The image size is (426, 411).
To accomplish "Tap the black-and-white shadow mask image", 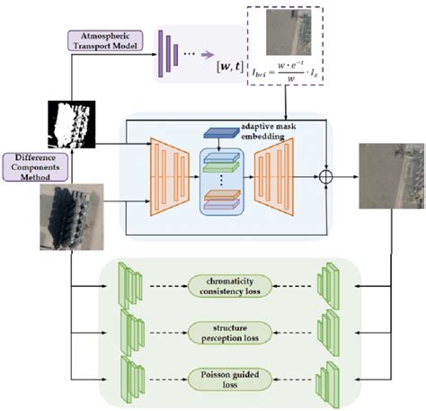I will (67, 126).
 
